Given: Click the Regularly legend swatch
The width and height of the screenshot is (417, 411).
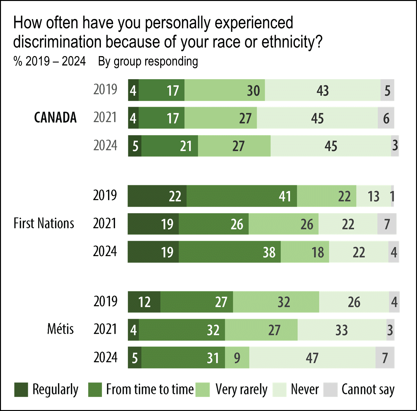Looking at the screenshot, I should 21,390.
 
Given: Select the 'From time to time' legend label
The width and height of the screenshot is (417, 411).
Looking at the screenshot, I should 150,390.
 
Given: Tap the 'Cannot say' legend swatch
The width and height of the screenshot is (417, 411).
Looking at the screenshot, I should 330,390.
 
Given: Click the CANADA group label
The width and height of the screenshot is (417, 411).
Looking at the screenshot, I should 55,118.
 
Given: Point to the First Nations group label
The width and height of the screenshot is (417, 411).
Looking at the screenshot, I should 44,223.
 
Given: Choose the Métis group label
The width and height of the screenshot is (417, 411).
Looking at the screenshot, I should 60,329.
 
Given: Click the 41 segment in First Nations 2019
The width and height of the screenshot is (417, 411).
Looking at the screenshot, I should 242,196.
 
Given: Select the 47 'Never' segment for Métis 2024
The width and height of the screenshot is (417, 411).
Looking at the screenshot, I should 312,358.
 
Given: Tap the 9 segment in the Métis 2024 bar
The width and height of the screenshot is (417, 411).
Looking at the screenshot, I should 237,358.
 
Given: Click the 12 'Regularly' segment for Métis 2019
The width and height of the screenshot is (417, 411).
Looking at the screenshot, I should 144,302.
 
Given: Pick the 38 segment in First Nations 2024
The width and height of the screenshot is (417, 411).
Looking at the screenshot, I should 229,252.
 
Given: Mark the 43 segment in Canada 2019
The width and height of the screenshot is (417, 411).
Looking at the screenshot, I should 322,90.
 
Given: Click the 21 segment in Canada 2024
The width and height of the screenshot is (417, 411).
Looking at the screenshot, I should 170,146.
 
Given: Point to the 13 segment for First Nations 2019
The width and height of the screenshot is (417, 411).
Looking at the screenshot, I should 373,196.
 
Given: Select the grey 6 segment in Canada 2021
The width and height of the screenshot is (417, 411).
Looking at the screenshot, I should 386,118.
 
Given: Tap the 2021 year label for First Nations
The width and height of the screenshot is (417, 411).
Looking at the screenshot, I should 105,223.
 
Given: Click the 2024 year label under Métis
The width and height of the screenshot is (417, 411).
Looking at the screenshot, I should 105,357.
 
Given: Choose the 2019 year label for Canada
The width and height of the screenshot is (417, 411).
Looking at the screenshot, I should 105,90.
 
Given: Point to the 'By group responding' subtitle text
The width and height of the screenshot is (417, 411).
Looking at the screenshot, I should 148,61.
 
